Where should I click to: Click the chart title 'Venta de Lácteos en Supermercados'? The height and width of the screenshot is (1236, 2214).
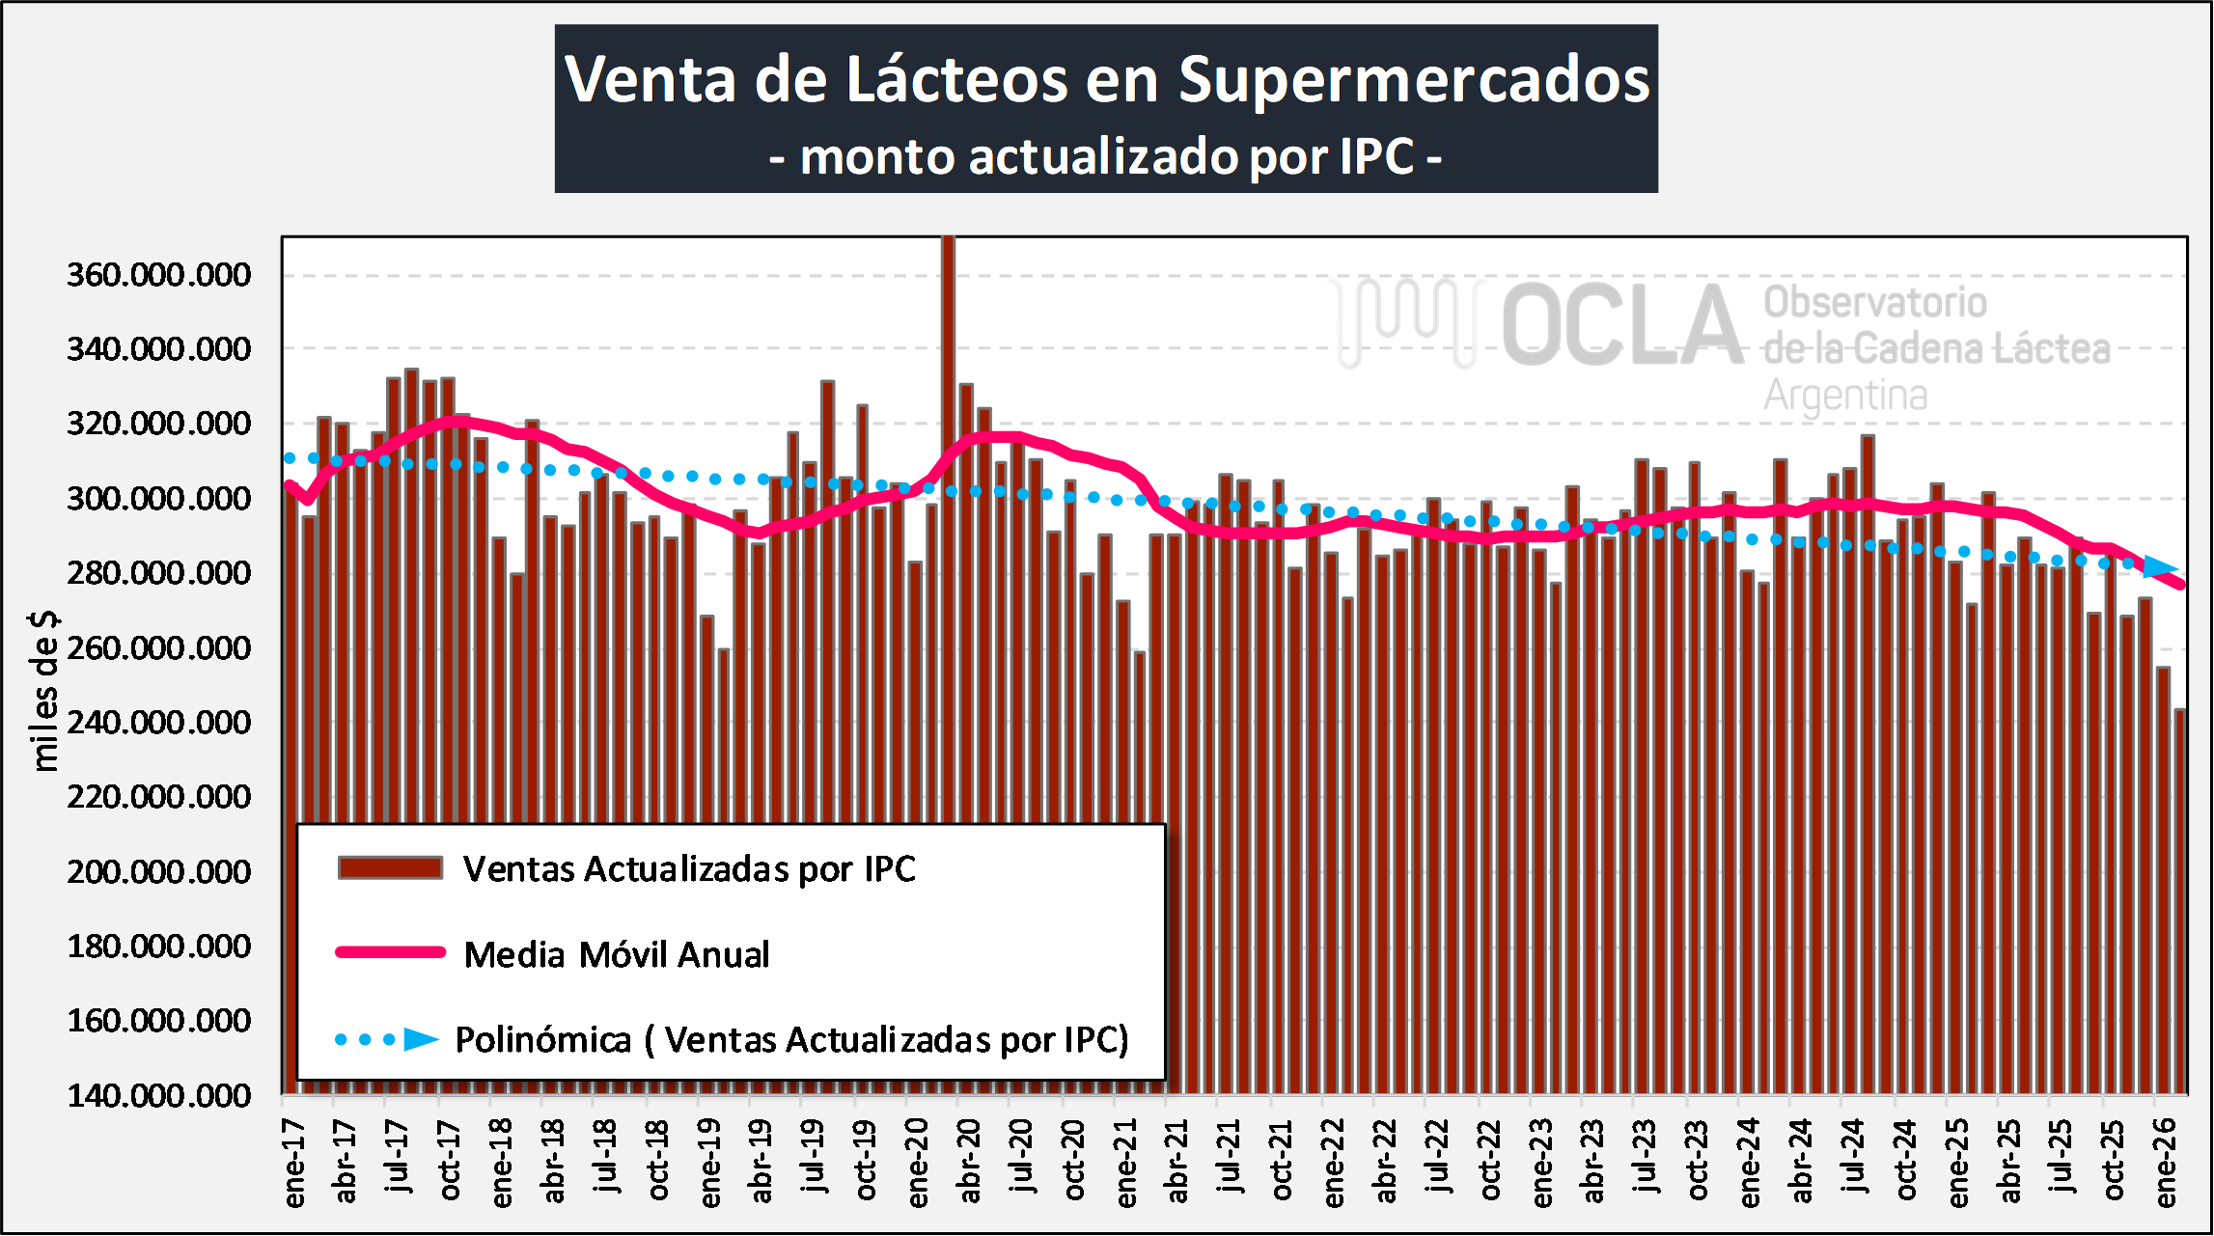click(1106, 79)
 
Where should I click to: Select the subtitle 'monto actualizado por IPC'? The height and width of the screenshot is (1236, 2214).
click(1106, 156)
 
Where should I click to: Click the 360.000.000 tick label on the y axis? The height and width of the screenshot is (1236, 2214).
click(158, 275)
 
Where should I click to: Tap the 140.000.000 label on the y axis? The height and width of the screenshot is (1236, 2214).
click(158, 1096)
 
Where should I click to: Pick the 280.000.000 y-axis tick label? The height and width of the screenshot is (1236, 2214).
click(158, 573)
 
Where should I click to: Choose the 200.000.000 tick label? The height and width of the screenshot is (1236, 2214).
click(158, 872)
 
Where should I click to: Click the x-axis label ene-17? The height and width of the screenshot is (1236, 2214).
click(294, 1164)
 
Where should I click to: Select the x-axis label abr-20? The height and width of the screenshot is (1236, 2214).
click(970, 1162)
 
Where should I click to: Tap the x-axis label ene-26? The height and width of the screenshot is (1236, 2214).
click(2166, 1164)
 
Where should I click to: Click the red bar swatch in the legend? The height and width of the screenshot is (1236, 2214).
click(390, 867)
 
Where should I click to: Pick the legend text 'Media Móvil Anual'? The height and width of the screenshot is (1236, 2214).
click(617, 954)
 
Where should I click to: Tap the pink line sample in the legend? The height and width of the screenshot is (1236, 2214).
click(390, 952)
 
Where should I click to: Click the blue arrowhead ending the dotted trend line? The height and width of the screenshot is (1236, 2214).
click(2160, 567)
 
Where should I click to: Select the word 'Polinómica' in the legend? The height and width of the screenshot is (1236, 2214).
click(542, 1040)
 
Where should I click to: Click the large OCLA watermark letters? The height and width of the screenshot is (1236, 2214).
click(1621, 325)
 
